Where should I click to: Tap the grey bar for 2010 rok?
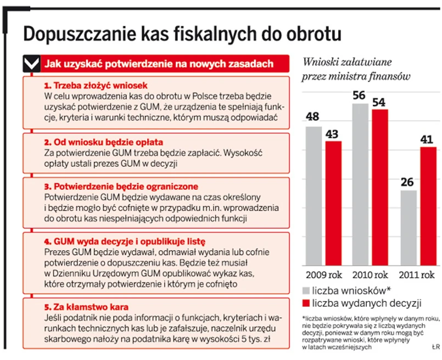click(360, 183)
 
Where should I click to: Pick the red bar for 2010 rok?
click(379, 186)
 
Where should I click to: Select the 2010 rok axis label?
click(370, 274)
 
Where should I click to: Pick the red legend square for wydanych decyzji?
click(306, 303)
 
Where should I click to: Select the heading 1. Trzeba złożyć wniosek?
click(96, 86)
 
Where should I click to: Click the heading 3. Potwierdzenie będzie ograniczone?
click(120, 187)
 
